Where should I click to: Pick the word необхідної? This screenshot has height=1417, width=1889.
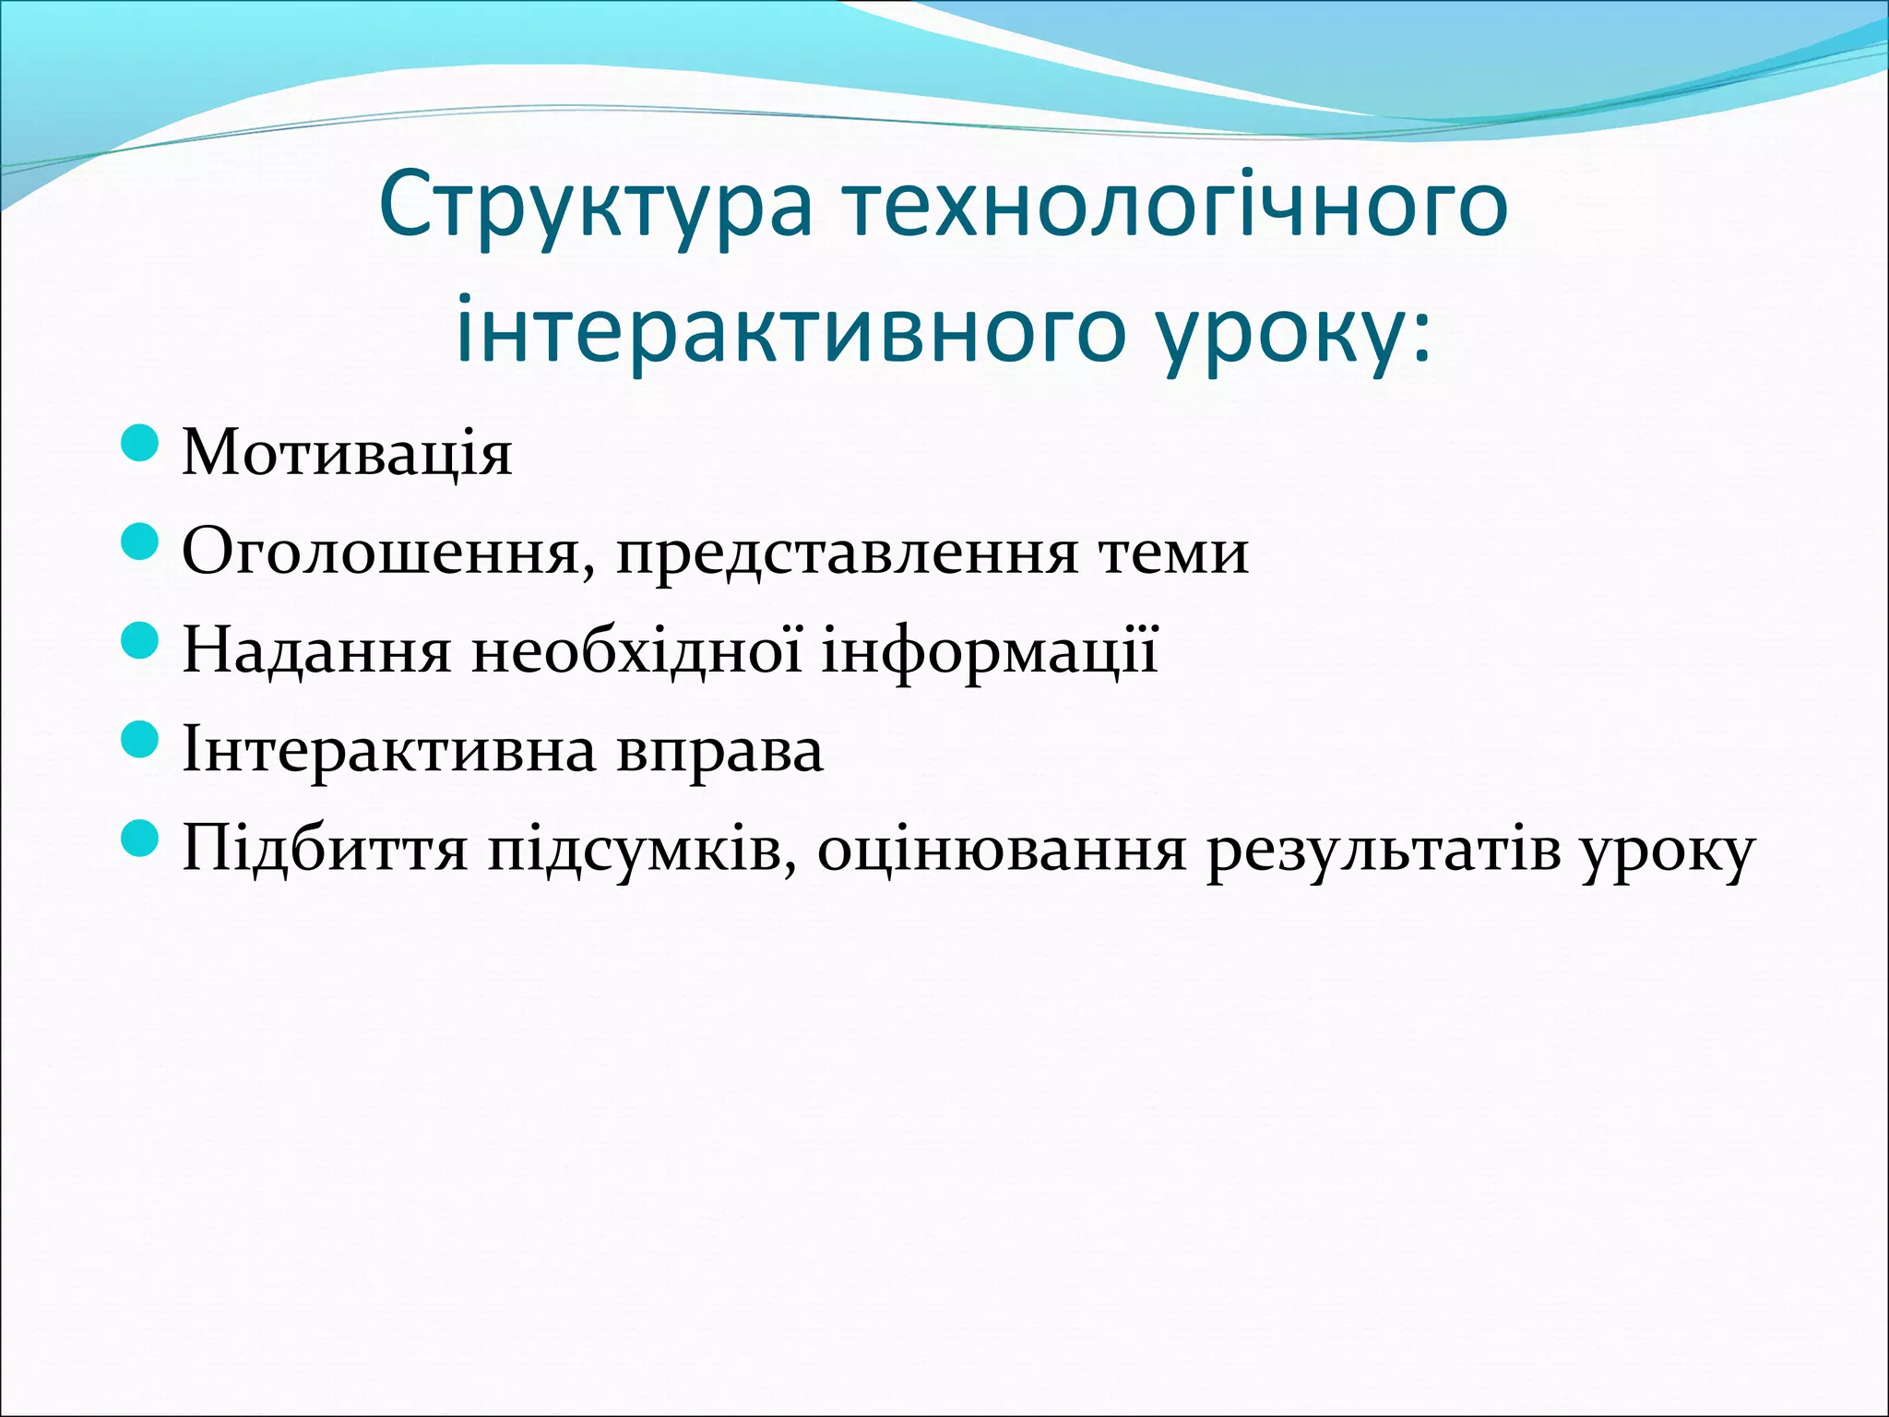tap(637, 650)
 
